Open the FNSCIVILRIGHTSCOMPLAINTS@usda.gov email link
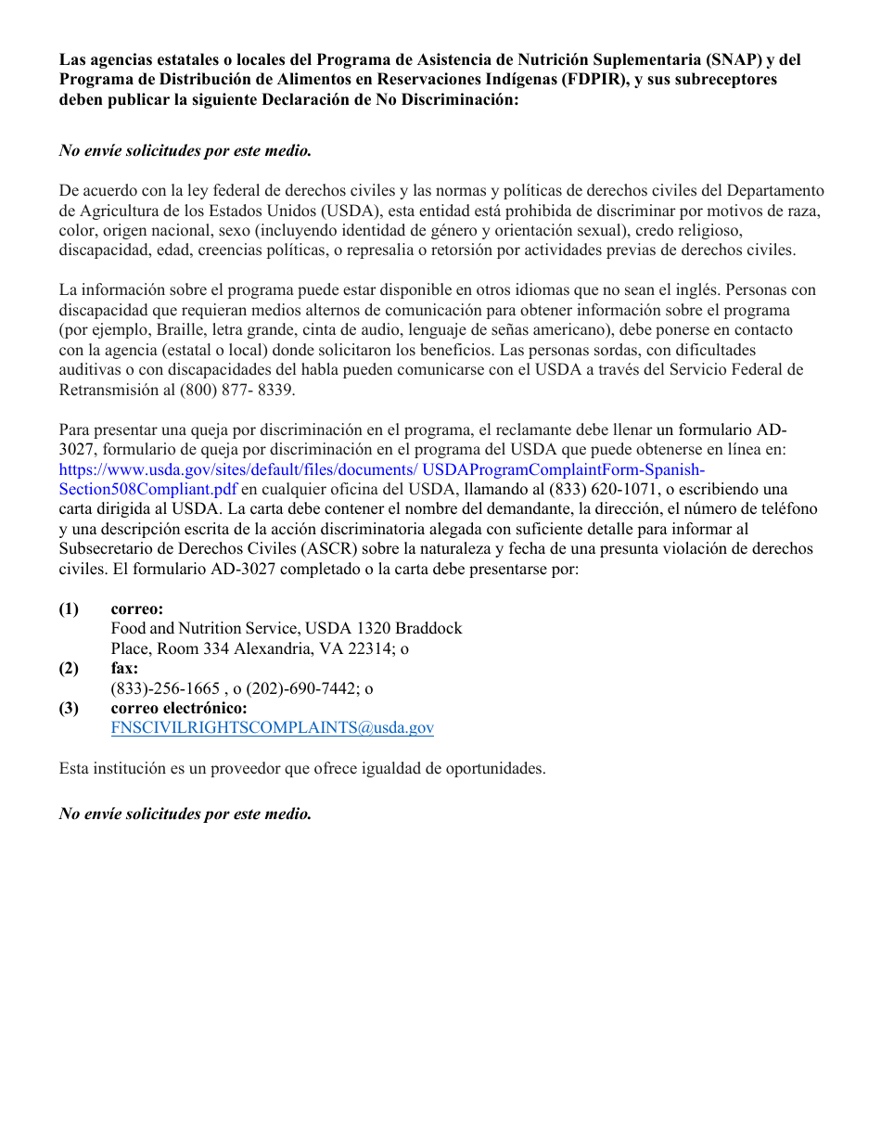tap(272, 728)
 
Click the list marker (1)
tap(70, 609)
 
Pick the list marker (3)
tap(70, 708)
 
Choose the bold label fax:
tap(124, 668)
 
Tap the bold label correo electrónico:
tap(179, 708)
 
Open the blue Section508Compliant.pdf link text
tap(147, 489)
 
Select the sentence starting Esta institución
tap(302, 769)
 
